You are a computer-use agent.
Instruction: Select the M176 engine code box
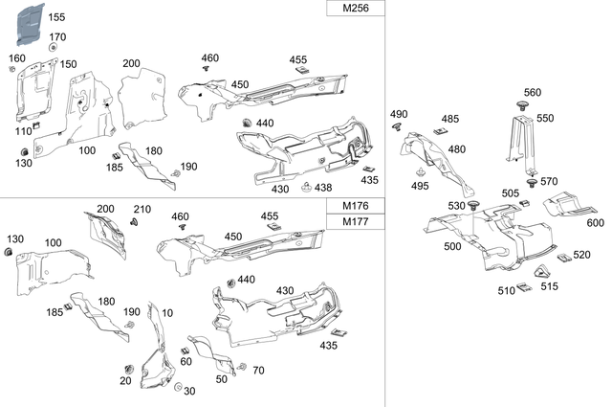(356, 207)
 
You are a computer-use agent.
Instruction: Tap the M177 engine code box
(356, 222)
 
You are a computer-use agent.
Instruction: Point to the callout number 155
(57, 17)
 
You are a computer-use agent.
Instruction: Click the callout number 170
(58, 36)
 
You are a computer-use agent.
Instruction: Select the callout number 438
(324, 188)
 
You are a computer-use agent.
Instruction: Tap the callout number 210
(142, 209)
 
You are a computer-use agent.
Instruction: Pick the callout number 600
(595, 222)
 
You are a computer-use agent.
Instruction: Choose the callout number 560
(532, 93)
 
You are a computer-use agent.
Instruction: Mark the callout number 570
(548, 181)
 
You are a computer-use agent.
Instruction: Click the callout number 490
(399, 115)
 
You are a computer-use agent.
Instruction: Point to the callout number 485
(449, 120)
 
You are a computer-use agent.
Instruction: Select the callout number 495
(421, 186)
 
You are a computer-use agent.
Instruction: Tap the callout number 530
(457, 206)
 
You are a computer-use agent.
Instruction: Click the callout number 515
(549, 285)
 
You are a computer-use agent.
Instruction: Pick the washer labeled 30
(179, 386)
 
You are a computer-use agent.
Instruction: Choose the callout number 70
(258, 370)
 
